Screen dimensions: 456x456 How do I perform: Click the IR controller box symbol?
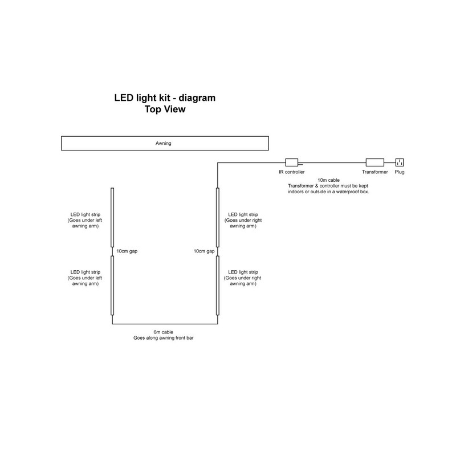(292, 162)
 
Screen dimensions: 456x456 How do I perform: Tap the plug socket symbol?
(400, 162)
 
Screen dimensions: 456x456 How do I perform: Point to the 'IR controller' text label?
(292, 172)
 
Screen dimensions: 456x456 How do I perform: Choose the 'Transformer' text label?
(374, 172)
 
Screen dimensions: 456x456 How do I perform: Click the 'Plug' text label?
(400, 172)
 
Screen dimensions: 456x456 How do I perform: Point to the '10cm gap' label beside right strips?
(203, 251)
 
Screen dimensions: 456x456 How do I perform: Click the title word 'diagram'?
(194, 99)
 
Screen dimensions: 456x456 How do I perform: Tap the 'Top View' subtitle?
(165, 110)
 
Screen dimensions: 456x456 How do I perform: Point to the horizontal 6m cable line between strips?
(165, 324)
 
